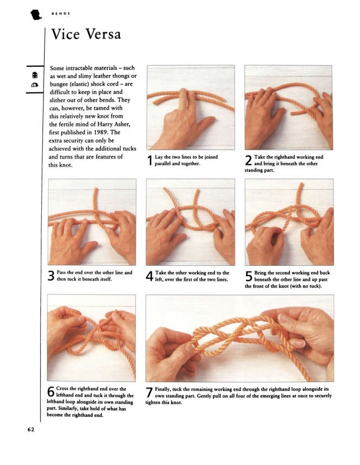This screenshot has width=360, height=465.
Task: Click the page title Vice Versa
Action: [86, 34]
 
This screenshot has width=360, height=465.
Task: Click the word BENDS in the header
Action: [61, 14]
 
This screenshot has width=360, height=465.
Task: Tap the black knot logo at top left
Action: [36, 15]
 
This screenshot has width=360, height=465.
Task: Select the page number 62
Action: [31, 429]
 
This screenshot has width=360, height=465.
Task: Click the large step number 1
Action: [150, 160]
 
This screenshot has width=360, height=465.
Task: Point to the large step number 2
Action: [249, 160]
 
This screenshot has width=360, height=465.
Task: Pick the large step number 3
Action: [51, 276]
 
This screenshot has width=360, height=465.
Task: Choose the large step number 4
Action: [150, 276]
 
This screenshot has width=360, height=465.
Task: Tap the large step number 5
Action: [249, 276]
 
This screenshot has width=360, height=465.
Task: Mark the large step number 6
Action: [51, 392]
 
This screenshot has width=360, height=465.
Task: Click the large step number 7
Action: [149, 392]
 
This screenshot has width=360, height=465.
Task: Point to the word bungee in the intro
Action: [59, 84]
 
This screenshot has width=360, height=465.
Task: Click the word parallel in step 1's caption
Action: [162, 164]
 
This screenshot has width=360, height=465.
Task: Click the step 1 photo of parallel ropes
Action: [191, 108]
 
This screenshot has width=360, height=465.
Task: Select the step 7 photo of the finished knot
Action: [239, 338]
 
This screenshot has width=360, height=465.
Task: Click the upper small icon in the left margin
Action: [35, 75]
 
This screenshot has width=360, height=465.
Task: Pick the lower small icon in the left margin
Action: [35, 85]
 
